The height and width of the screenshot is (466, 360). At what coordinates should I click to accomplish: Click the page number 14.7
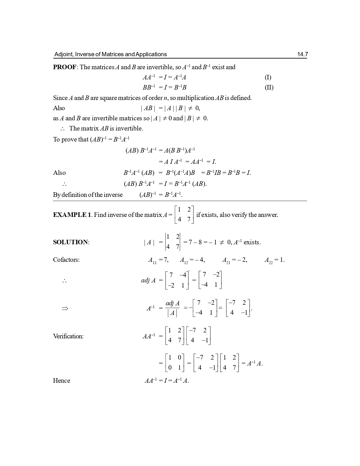click(302, 54)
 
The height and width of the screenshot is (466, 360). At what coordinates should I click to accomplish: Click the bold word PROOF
click(65, 67)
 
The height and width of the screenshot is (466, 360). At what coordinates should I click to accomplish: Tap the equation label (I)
click(268, 77)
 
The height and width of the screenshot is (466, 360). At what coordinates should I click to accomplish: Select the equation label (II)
click(269, 88)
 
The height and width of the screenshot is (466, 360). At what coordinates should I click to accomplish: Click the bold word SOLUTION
click(71, 242)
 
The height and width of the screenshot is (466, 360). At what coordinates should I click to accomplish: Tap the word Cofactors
click(66, 260)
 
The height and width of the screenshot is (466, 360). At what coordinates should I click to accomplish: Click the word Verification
click(68, 336)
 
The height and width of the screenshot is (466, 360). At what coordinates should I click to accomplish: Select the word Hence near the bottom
click(62, 381)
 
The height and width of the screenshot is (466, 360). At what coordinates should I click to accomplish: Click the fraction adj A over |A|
click(173, 308)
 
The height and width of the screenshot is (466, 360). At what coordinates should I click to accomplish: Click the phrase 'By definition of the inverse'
click(88, 195)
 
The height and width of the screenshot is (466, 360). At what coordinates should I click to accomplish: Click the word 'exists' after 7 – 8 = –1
click(252, 242)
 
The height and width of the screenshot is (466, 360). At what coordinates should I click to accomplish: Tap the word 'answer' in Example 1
click(269, 215)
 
